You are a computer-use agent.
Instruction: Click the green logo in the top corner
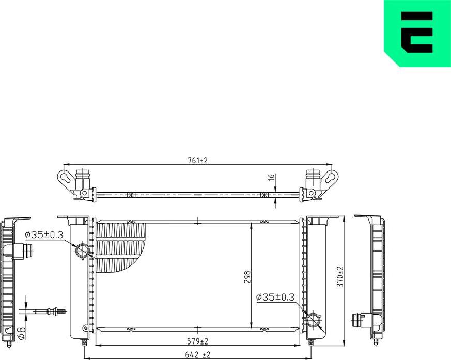click(x=417, y=33)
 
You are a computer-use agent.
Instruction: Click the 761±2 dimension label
click(x=197, y=161)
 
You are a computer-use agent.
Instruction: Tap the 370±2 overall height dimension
click(x=340, y=277)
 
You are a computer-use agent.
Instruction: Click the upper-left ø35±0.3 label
click(x=44, y=234)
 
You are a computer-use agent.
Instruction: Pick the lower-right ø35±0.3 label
click(x=275, y=297)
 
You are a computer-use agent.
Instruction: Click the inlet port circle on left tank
click(x=82, y=252)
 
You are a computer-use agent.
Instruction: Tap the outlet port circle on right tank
click(x=314, y=319)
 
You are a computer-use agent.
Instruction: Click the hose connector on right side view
click(x=360, y=320)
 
